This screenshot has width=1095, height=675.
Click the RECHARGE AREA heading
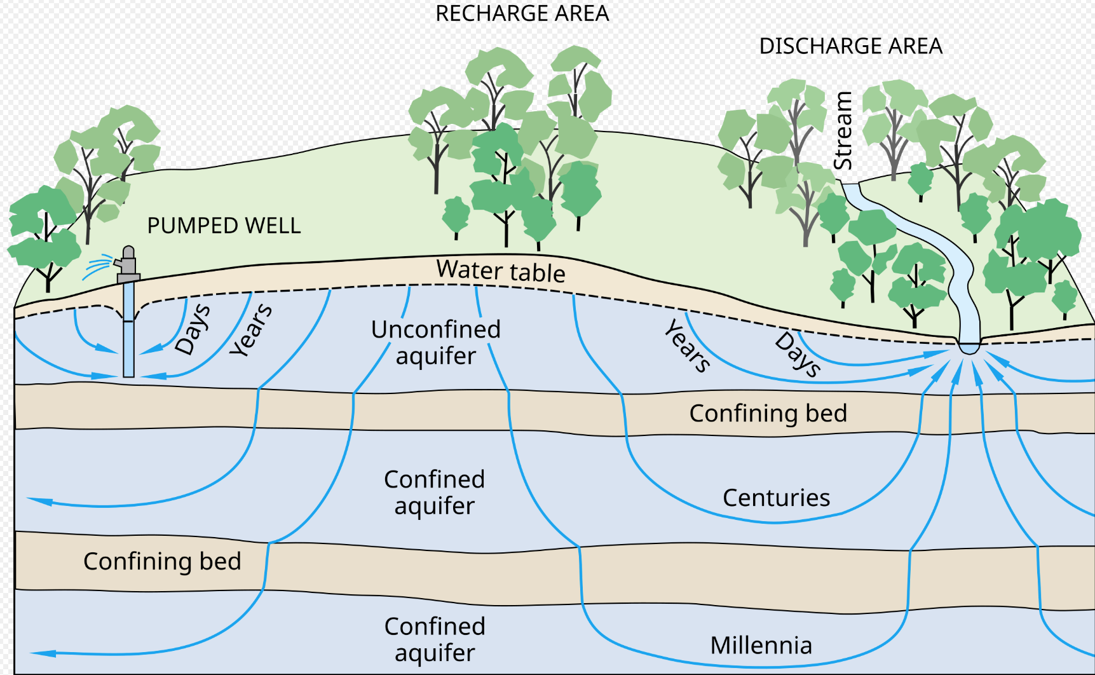click(522, 13)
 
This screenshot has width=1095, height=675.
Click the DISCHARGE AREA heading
click(850, 46)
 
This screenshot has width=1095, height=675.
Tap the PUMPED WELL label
click(224, 226)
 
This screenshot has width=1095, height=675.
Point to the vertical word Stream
click(843, 131)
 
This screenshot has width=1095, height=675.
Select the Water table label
click(501, 271)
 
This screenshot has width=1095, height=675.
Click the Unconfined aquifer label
click(436, 343)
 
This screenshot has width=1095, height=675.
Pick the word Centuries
click(776, 498)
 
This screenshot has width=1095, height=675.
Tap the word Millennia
click(761, 645)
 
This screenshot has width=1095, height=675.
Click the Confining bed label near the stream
click(768, 413)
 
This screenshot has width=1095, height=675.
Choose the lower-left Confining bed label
click(162, 561)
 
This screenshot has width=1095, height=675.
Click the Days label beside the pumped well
click(193, 329)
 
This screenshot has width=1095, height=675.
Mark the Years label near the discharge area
click(688, 346)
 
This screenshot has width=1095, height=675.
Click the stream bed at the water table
click(969, 347)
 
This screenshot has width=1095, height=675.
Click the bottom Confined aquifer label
click(435, 639)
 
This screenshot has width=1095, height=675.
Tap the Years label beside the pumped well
click(251, 330)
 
